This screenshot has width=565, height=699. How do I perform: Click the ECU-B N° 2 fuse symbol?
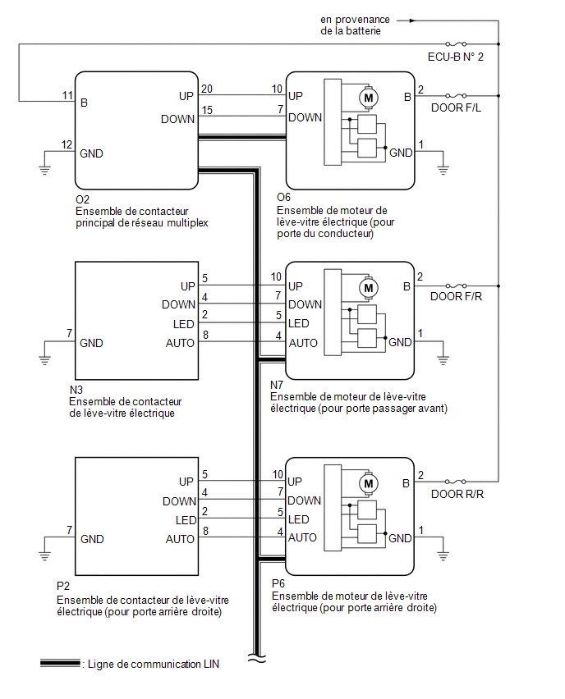pyautogui.click(x=456, y=43)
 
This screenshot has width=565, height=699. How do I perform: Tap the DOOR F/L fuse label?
pyautogui.click(x=456, y=107)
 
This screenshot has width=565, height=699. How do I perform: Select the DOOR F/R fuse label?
pyautogui.click(x=456, y=296)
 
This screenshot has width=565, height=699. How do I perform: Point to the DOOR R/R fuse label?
pyautogui.click(x=457, y=494)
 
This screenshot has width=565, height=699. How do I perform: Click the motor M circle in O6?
pyautogui.click(x=369, y=98)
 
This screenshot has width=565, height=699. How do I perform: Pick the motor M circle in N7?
pyautogui.click(x=369, y=288)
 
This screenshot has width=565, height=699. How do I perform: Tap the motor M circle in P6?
pyautogui.click(x=369, y=484)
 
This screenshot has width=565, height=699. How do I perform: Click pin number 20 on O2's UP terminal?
pyautogui.click(x=207, y=89)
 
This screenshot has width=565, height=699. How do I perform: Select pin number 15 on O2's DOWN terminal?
pyautogui.click(x=207, y=110)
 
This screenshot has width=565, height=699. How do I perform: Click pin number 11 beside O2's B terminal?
pyautogui.click(x=67, y=95)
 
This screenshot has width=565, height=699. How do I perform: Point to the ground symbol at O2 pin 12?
pyautogui.click(x=44, y=169)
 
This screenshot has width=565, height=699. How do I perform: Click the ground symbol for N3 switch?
pyautogui.click(x=44, y=359)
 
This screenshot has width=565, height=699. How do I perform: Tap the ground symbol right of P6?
pyautogui.click(x=443, y=555)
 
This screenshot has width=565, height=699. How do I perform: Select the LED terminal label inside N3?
pyautogui.click(x=183, y=324)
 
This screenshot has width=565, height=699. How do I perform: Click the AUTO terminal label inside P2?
pyautogui.click(x=180, y=539)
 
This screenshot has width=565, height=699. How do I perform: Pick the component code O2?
pyautogui.click(x=83, y=199)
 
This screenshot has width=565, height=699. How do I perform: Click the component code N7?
pyautogui.click(x=277, y=385)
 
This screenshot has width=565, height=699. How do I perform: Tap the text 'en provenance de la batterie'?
pyautogui.click(x=355, y=25)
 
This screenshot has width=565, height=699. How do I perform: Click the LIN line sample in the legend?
pyautogui.click(x=60, y=664)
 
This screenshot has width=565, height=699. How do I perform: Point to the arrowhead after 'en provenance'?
pyautogui.click(x=412, y=21)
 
